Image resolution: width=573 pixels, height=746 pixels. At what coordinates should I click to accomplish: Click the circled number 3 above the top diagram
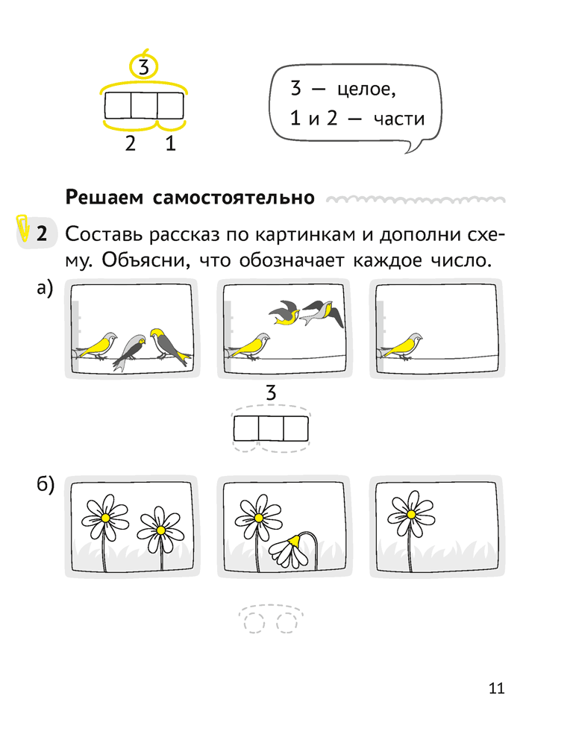pyautogui.click(x=144, y=67)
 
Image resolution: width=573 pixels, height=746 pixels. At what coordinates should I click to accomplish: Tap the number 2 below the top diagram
pyautogui.click(x=131, y=143)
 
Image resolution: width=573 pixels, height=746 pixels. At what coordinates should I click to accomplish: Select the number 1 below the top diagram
pyautogui.click(x=170, y=143)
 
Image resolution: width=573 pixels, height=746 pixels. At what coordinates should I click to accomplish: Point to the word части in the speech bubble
pyautogui.click(x=399, y=119)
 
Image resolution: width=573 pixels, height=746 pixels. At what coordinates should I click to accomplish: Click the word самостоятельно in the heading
pyautogui.click(x=234, y=198)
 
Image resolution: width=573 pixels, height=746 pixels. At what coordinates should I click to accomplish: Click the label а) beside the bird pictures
pyautogui.click(x=46, y=288)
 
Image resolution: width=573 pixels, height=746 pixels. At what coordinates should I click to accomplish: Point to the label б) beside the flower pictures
pyautogui.click(x=46, y=484)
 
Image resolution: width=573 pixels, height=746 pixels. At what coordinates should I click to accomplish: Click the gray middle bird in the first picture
pyautogui.click(x=130, y=351)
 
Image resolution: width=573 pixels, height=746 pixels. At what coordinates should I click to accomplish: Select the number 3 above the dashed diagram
pyautogui.click(x=271, y=393)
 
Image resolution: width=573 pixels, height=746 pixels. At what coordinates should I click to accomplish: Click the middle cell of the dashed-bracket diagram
pyautogui.click(x=271, y=428)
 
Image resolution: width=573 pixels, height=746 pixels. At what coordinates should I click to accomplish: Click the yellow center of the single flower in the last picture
pyautogui.click(x=411, y=514)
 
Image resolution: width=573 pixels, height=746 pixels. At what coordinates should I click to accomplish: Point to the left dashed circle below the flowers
pyautogui.click(x=254, y=622)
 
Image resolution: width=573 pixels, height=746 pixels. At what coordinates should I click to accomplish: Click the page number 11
pyautogui.click(x=496, y=689)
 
